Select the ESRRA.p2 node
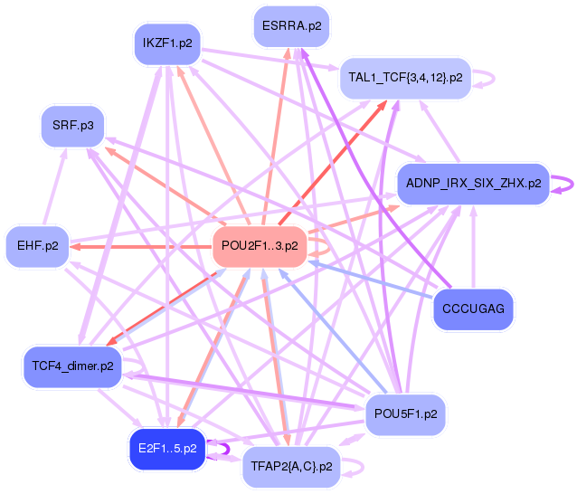click(291, 25)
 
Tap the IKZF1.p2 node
click(172, 43)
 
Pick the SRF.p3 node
click(72, 124)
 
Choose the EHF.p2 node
click(38, 245)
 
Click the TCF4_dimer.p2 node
click(72, 366)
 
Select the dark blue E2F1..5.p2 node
click(168, 449)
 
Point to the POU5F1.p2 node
click(406, 414)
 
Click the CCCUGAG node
click(474, 310)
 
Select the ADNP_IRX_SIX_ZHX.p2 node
click(473, 184)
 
